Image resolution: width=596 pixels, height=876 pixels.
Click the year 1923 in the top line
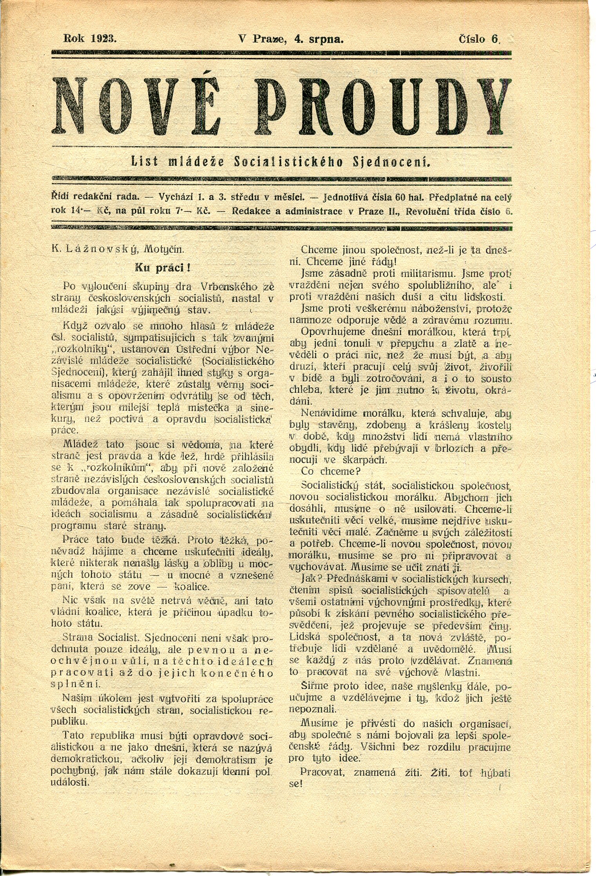(x=104, y=38)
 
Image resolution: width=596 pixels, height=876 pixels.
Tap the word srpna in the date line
(x=326, y=38)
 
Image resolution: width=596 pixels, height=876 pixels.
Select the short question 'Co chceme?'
(x=330, y=471)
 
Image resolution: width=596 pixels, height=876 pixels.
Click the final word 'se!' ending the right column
(x=296, y=784)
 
